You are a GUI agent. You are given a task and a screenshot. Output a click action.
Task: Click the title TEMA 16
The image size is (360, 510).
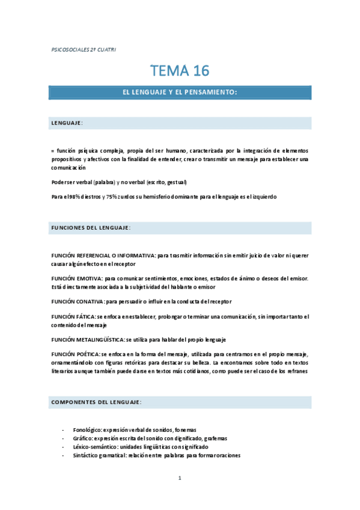[x=180, y=71]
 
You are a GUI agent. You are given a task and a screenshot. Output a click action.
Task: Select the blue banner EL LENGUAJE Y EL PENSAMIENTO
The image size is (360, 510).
[x=180, y=93]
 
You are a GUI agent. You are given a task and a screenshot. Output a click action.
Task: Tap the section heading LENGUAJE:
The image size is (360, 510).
[x=67, y=123]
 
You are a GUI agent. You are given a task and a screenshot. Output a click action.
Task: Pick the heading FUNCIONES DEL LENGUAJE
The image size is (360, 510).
[x=91, y=228]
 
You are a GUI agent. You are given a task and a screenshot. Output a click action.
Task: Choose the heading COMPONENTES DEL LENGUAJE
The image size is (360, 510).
[x=96, y=401]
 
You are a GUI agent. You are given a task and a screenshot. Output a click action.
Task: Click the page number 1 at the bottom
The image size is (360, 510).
[x=180, y=478]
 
